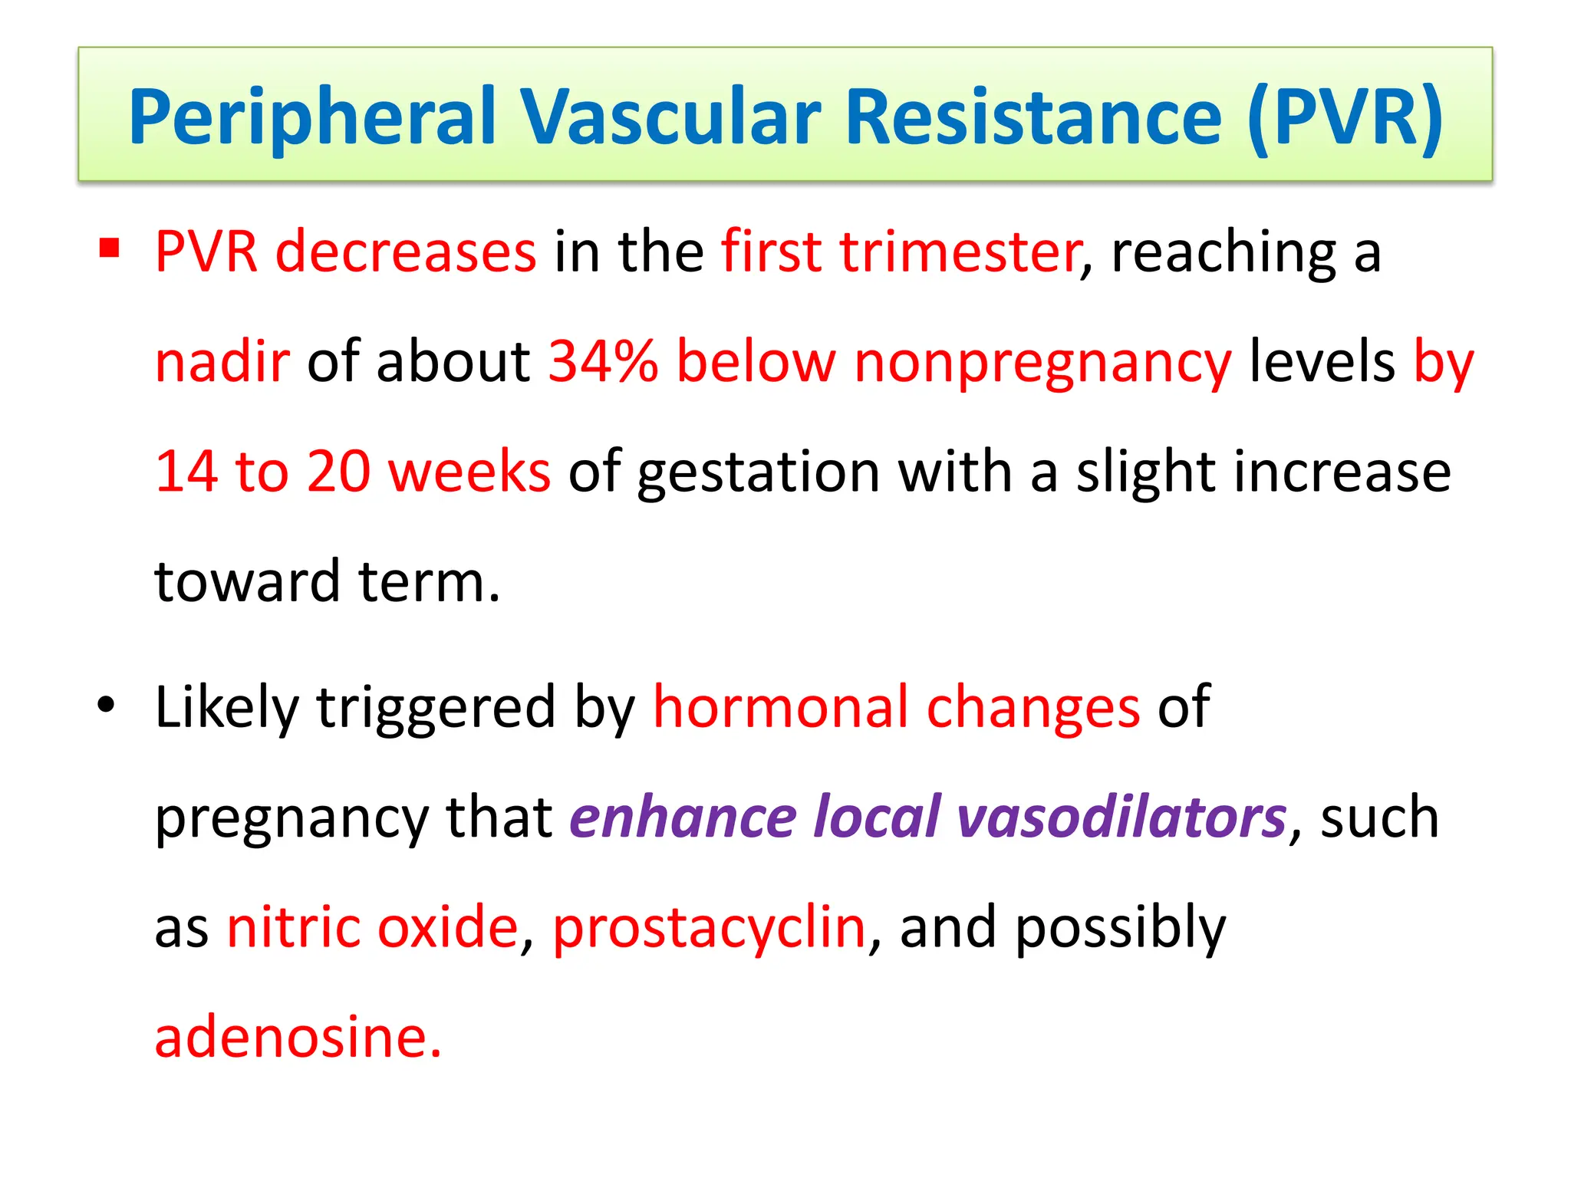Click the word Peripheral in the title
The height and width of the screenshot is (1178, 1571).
tap(311, 117)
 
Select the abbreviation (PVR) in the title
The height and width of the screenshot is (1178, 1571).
tap(1345, 117)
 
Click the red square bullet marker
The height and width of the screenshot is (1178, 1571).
tap(110, 248)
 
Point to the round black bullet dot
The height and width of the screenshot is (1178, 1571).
tap(106, 704)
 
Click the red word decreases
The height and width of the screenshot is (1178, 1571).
tap(406, 252)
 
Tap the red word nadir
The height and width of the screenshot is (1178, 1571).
tap(222, 361)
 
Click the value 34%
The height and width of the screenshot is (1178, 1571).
tap(603, 361)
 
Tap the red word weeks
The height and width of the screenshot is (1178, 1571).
tap(469, 471)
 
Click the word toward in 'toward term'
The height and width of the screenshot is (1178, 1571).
tap(246, 581)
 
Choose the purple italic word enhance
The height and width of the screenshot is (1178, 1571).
tap(682, 817)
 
